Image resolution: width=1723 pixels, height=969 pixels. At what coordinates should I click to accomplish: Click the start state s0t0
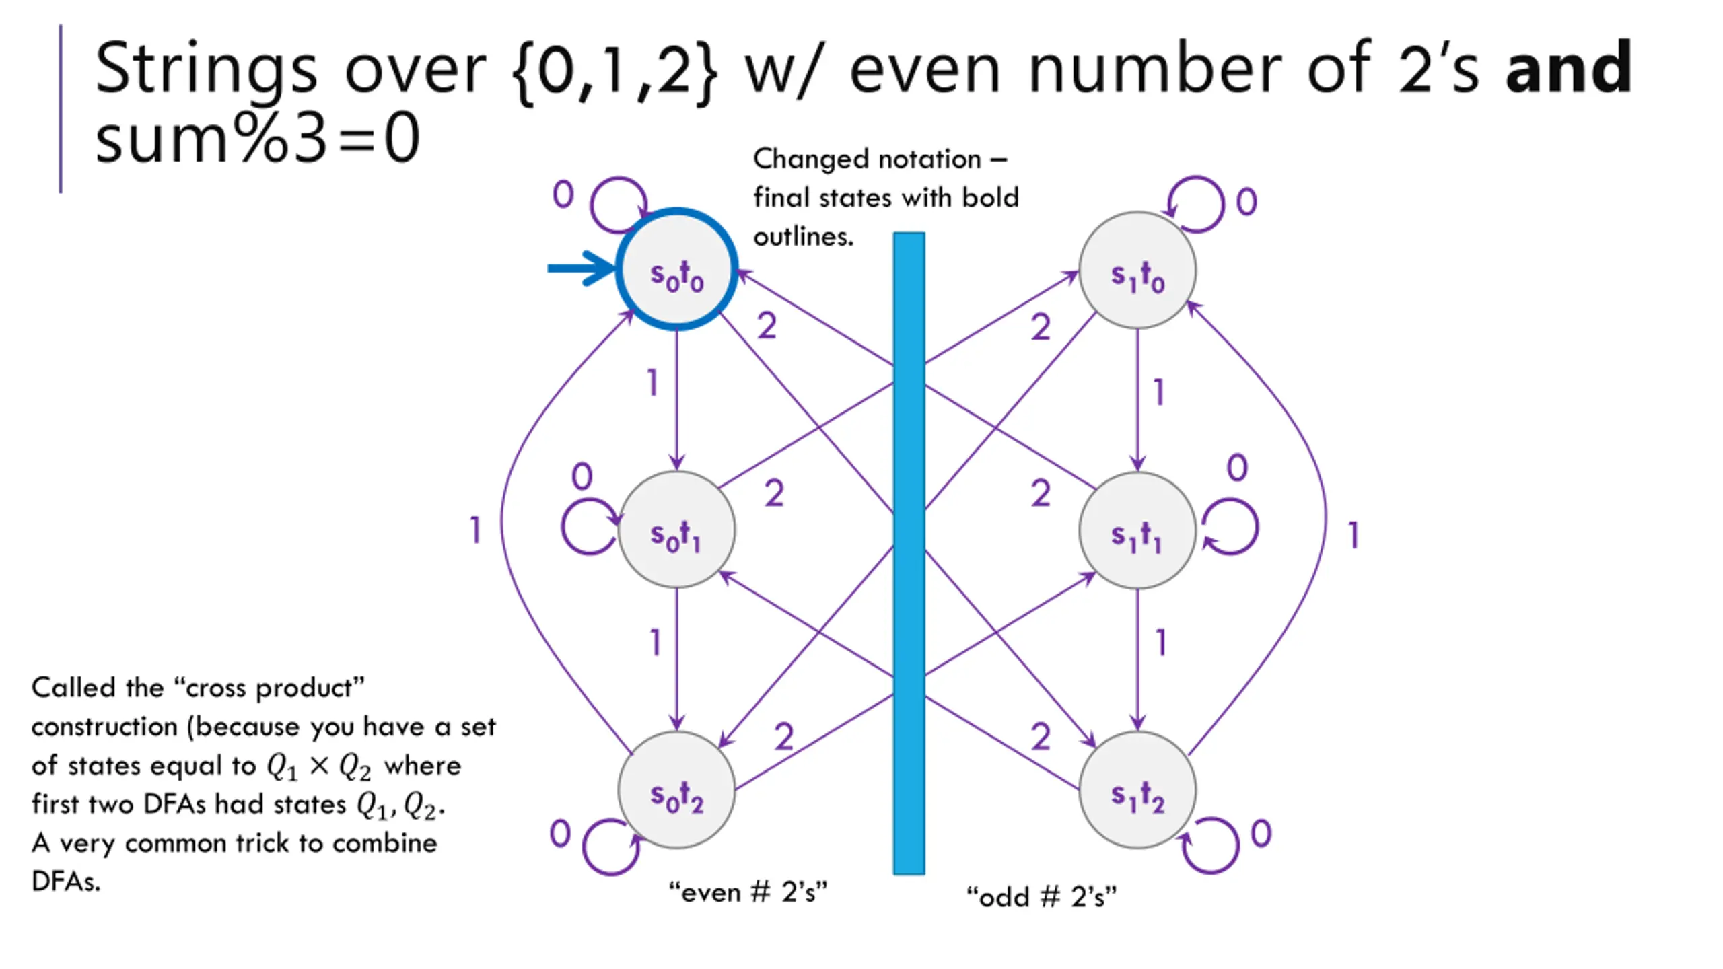point(676,269)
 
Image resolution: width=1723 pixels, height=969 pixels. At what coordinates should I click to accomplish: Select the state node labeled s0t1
point(676,530)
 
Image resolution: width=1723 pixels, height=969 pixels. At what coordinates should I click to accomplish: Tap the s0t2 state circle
point(676,790)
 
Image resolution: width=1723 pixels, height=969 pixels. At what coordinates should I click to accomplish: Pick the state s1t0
point(1137,270)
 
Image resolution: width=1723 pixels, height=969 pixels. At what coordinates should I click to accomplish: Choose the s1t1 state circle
point(1137,530)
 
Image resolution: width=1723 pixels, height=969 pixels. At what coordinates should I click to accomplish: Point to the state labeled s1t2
point(1137,790)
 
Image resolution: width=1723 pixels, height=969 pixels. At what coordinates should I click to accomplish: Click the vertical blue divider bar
point(909,553)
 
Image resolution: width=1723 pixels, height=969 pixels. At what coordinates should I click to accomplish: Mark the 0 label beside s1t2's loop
point(1261,833)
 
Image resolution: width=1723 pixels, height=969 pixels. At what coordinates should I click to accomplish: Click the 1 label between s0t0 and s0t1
point(652,383)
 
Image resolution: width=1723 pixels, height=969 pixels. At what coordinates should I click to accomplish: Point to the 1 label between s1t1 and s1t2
point(1160,643)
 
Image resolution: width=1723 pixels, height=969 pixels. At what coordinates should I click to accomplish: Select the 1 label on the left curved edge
point(475,530)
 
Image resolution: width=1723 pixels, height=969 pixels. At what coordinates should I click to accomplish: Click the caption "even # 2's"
point(748,892)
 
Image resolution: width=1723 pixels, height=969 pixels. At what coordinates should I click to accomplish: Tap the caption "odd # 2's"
point(1041,896)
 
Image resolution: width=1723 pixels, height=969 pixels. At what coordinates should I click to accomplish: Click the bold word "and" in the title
point(1569,67)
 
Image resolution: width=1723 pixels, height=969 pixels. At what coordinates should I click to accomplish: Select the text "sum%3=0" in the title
point(258,139)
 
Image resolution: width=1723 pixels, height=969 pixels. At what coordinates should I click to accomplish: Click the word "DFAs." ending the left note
point(66,881)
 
